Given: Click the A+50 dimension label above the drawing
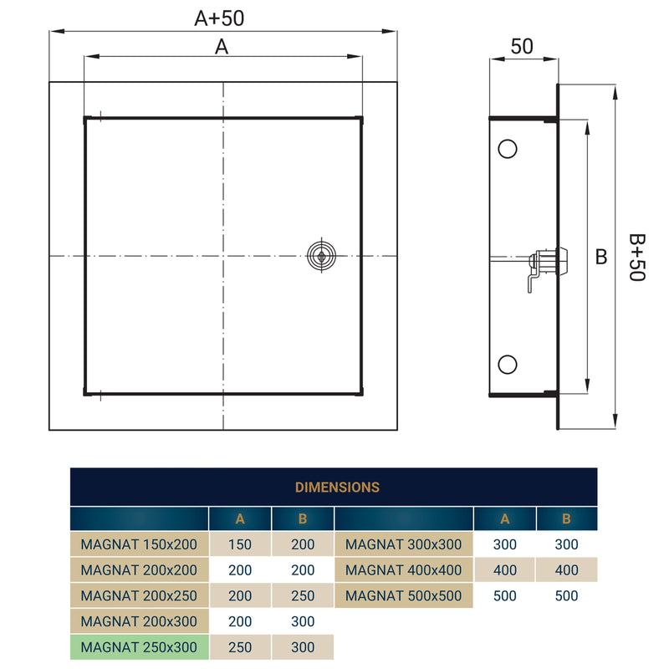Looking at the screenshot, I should click(219, 18).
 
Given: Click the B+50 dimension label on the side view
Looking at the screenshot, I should click(636, 257).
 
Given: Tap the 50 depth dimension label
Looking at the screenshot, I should click(522, 47).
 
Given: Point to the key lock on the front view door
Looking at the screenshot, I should click(319, 256).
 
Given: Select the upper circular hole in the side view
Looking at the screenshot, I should click(507, 149).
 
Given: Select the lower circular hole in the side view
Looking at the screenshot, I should click(507, 364).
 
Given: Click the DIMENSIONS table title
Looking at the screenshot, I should click(337, 487).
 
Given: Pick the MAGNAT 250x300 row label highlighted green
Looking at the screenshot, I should click(139, 647).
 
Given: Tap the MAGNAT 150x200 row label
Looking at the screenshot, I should click(139, 544).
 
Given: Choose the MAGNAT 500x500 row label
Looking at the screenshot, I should click(403, 596).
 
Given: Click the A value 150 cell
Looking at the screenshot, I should click(240, 544).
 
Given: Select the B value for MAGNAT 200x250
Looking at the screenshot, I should click(303, 596).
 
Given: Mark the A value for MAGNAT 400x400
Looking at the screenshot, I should click(505, 570).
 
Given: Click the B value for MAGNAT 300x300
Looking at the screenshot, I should click(567, 544).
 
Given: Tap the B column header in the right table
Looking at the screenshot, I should click(567, 518).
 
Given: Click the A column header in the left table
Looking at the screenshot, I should click(240, 518).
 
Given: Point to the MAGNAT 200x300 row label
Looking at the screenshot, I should click(139, 621).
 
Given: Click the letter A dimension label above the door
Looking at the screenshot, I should click(222, 48).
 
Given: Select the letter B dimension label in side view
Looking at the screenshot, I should click(600, 257).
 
